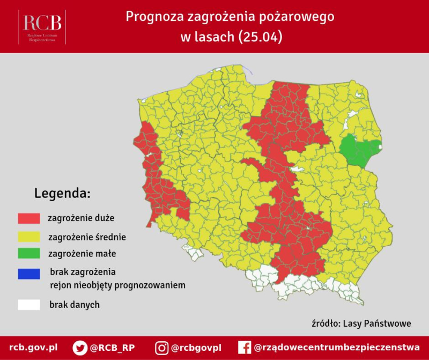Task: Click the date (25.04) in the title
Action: [261, 37]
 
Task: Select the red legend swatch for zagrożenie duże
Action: [29, 218]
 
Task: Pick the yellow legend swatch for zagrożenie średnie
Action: [29, 236]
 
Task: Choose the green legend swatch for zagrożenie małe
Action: [29, 254]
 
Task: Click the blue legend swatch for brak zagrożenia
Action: [29, 274]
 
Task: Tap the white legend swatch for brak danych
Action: [29, 305]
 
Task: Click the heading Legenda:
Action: [62, 193]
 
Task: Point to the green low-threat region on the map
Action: [358, 150]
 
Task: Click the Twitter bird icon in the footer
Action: [80, 348]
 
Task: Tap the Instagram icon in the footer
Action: [161, 348]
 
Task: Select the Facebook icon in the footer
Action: [245, 348]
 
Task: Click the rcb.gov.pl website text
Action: [33, 348]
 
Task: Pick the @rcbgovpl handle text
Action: [196, 348]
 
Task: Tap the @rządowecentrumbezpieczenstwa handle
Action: [337, 348]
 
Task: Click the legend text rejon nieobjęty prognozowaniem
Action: [117, 285]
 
